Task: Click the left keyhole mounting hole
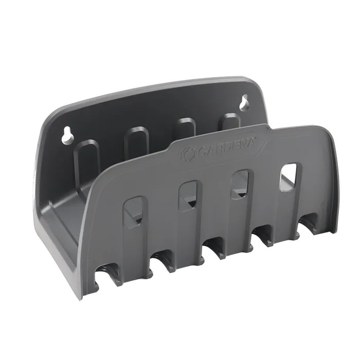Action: (68, 137)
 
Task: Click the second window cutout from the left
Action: (188, 195)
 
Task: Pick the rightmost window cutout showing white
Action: (287, 176)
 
